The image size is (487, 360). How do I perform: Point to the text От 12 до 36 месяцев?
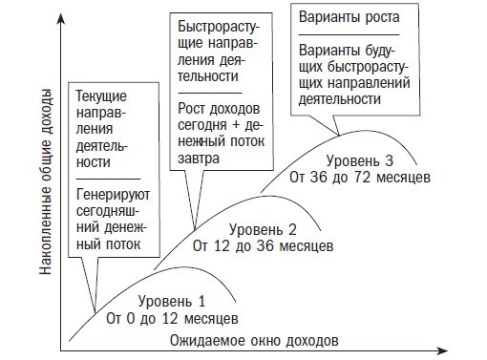click(x=264, y=245)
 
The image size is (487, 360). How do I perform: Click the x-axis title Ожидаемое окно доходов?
click(x=254, y=340)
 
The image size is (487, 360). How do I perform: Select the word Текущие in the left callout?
click(x=102, y=96)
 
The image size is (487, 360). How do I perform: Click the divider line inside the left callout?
click(x=111, y=178)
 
